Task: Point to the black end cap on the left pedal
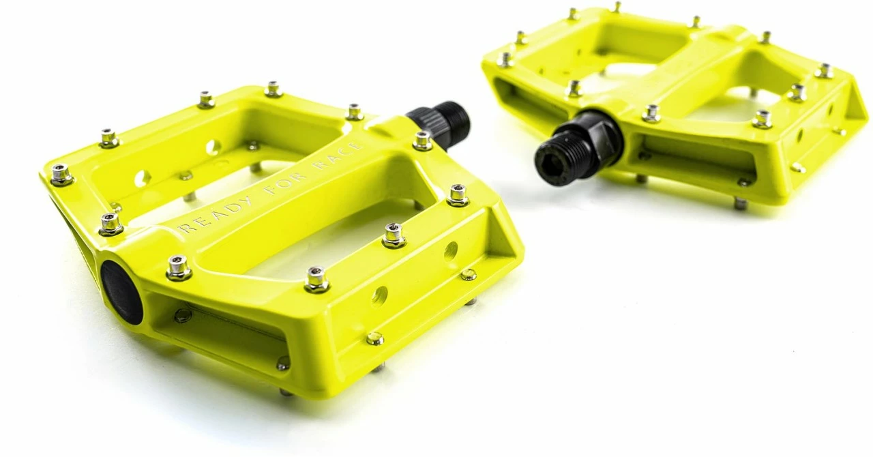click(x=122, y=293)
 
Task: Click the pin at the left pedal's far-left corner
click(x=61, y=174)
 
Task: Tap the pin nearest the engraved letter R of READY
click(x=110, y=222)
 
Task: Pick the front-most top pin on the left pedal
click(x=316, y=278)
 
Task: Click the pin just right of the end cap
click(x=179, y=267)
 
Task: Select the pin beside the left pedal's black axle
click(x=422, y=140)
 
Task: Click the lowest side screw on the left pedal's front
click(x=374, y=338)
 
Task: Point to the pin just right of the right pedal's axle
click(x=651, y=113)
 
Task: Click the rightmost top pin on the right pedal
click(x=824, y=70)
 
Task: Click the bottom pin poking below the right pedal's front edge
click(x=739, y=203)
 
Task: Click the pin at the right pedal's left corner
click(x=505, y=59)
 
